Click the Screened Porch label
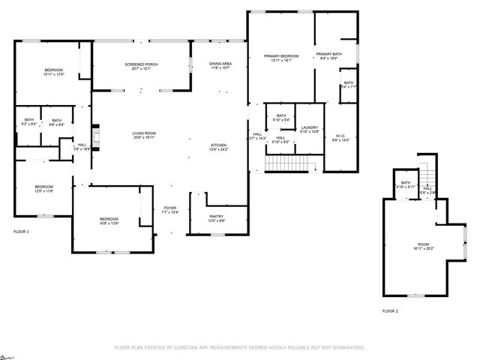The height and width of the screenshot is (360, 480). [x=141, y=67]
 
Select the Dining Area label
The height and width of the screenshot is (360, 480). [x=220, y=66]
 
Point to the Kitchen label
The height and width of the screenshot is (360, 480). [x=218, y=146]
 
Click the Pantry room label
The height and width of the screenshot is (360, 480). [x=216, y=218]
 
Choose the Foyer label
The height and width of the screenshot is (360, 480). [x=170, y=210]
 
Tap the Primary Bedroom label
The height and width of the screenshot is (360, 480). [x=280, y=58]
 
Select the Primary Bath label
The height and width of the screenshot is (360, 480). [x=328, y=56]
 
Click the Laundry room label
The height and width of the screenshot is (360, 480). [x=310, y=130]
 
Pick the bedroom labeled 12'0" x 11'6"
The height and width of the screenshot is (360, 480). [x=43, y=189]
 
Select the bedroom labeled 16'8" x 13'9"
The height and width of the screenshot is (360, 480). [x=109, y=220]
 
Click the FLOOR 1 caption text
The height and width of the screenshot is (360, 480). [x=21, y=232]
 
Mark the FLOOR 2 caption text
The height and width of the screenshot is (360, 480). [x=390, y=310]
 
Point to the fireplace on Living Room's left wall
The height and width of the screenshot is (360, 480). [x=94, y=133]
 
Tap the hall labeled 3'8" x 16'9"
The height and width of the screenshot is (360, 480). [x=82, y=146]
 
